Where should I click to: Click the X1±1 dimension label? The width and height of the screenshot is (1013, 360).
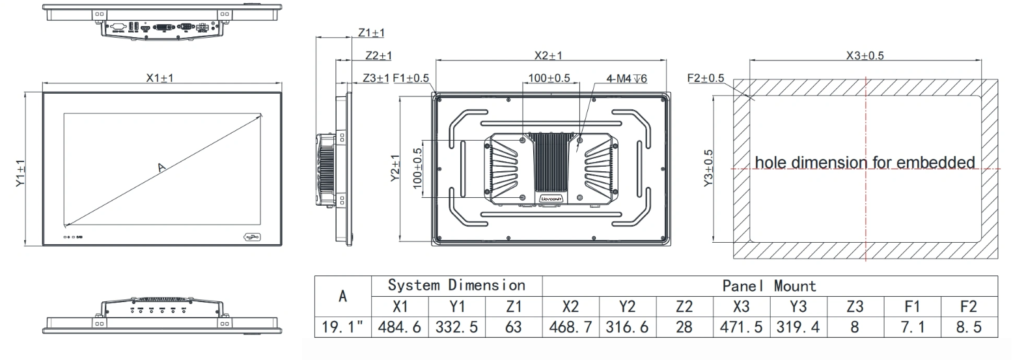pyautogui.click(x=159, y=77)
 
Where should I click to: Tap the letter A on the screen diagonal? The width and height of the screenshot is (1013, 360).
pyautogui.click(x=162, y=169)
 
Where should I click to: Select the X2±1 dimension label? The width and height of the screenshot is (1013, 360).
pyautogui.click(x=548, y=56)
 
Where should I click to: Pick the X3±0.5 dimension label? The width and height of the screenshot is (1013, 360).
pyautogui.click(x=865, y=56)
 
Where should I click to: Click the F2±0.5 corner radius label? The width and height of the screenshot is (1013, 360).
pyautogui.click(x=706, y=78)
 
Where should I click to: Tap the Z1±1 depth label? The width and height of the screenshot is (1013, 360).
pyautogui.click(x=371, y=33)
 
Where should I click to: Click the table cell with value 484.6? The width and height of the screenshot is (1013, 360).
pyautogui.click(x=400, y=327)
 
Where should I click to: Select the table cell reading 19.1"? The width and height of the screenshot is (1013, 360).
pyautogui.click(x=343, y=327)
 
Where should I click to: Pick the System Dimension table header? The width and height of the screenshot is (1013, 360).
pyautogui.click(x=456, y=285)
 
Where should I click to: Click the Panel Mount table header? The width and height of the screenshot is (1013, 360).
pyautogui.click(x=769, y=285)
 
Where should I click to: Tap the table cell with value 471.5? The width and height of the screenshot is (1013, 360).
pyautogui.click(x=742, y=327)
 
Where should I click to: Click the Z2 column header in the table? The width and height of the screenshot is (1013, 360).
pyautogui.click(x=684, y=306)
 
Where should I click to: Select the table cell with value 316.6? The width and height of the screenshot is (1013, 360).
pyautogui.click(x=627, y=327)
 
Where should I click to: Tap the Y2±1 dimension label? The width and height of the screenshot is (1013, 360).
pyautogui.click(x=395, y=169)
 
